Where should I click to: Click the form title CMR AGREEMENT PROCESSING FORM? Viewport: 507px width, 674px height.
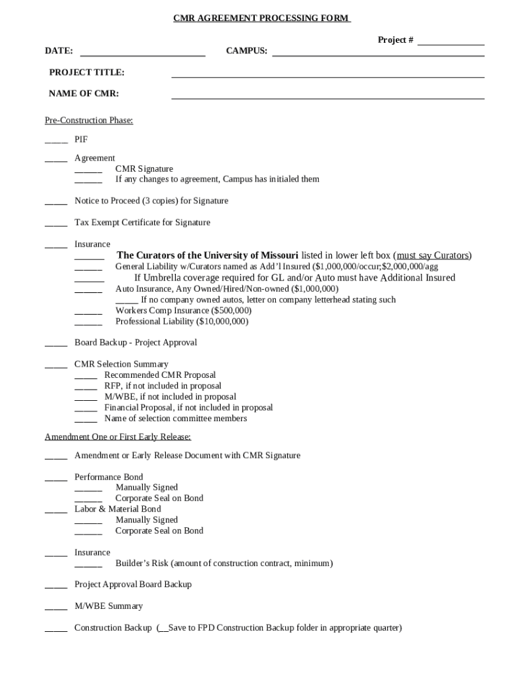[261, 18]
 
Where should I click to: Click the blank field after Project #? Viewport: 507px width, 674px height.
[450, 42]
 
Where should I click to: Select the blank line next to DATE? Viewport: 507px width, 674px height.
[142, 53]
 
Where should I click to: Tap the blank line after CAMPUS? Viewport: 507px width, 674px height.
[378, 53]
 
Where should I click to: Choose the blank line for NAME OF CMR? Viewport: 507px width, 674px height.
[327, 95]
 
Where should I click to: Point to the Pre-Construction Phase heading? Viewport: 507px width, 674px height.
[89, 120]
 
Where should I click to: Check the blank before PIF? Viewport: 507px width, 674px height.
[56, 141]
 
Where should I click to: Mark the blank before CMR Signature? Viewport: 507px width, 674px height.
[88, 170]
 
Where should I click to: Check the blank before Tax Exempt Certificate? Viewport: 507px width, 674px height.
[56, 224]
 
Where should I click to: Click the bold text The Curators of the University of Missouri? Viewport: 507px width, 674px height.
[207, 255]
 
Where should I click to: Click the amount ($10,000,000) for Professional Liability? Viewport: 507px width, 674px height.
[223, 322]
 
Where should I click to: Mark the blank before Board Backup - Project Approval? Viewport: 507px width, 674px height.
[56, 344]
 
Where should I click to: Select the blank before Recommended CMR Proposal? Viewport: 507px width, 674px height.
[86, 377]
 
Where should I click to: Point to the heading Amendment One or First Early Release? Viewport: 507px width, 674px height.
[118, 437]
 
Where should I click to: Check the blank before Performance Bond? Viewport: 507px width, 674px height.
[56, 479]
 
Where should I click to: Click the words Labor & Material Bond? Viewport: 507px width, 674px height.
[117, 509]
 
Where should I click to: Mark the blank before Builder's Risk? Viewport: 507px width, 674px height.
[88, 565]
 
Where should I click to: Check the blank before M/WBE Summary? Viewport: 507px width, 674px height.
[56, 608]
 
